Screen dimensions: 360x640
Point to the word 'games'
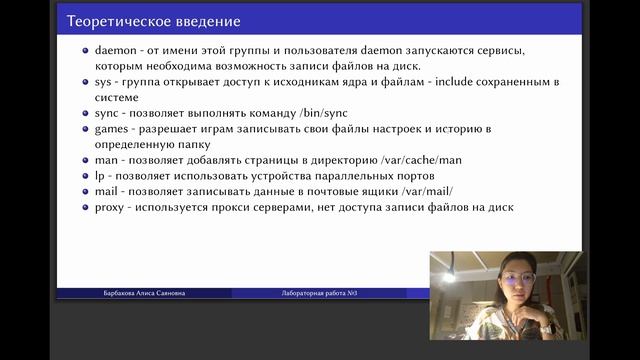click(x=114, y=129)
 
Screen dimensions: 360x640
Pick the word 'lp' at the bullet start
click(x=100, y=175)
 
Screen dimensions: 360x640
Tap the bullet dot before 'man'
click(x=86, y=160)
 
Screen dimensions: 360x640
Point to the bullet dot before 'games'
click(x=86, y=129)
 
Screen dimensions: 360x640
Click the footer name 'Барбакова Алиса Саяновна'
click(x=143, y=293)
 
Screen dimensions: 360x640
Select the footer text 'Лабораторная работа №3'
click(x=318, y=293)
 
